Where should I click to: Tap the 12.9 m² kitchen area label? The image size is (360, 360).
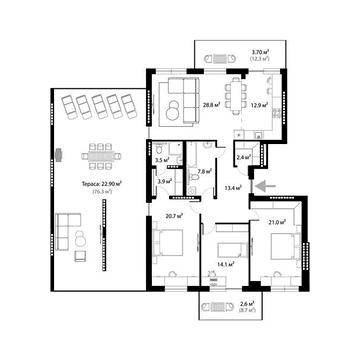coord(257,103)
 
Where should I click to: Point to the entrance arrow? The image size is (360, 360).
coord(262,185)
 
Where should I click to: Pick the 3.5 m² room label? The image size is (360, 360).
coord(161,160)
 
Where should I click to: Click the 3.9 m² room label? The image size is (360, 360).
coord(163,181)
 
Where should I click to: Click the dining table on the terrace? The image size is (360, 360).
coord(98,156)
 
